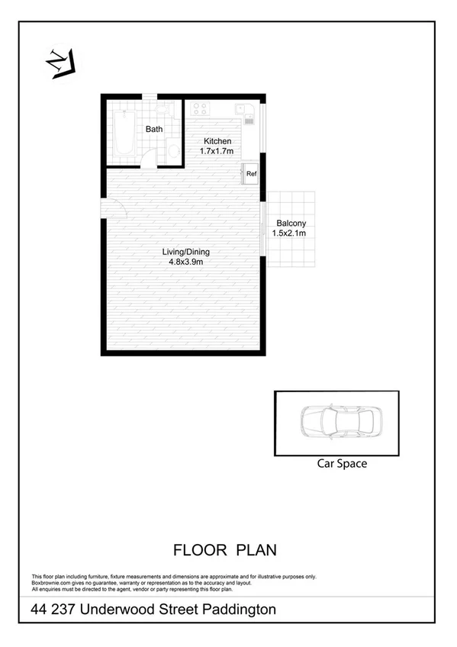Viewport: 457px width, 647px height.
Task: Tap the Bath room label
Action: (154, 129)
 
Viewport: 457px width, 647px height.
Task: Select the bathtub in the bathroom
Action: (123, 134)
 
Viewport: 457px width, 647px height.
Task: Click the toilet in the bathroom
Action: (173, 150)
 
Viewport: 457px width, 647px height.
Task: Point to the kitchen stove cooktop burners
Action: (201, 108)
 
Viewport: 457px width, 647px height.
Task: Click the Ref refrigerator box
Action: (251, 173)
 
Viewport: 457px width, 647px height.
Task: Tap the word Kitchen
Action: (217, 141)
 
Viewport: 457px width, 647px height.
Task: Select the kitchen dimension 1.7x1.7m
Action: (217, 151)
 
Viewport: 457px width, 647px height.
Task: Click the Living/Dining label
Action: (185, 252)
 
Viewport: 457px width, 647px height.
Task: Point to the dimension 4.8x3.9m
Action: (185, 262)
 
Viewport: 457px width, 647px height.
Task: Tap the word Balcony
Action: (291, 223)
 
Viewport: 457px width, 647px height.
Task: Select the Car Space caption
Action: (342, 463)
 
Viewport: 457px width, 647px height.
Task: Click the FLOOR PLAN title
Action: (224, 549)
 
